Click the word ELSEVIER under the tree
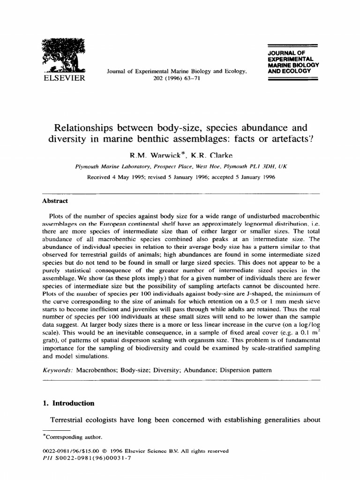63,78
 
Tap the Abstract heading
55,201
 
